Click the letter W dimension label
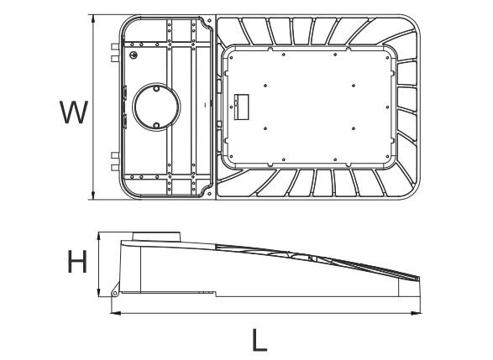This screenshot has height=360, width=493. [72, 111]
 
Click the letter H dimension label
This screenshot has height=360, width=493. [78, 264]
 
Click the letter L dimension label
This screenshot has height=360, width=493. [261, 340]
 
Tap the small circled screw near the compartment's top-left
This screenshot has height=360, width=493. [134, 53]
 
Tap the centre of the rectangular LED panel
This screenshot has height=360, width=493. [310, 105]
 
